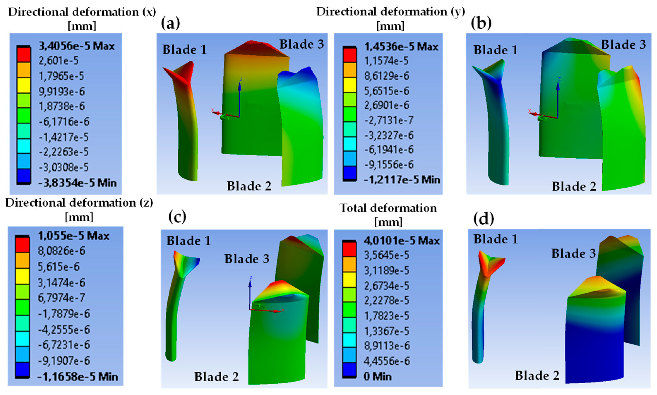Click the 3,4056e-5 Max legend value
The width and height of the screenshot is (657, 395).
tap(77, 46)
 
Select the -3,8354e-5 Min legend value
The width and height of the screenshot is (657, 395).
tap(77, 183)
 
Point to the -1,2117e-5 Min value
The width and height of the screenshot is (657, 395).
tap(402, 180)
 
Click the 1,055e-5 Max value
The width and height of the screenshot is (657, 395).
tap(73, 236)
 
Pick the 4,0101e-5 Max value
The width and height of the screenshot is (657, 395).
tap(402, 241)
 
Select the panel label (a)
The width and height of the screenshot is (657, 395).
tap(171, 23)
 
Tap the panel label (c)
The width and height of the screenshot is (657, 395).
tap(177, 217)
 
